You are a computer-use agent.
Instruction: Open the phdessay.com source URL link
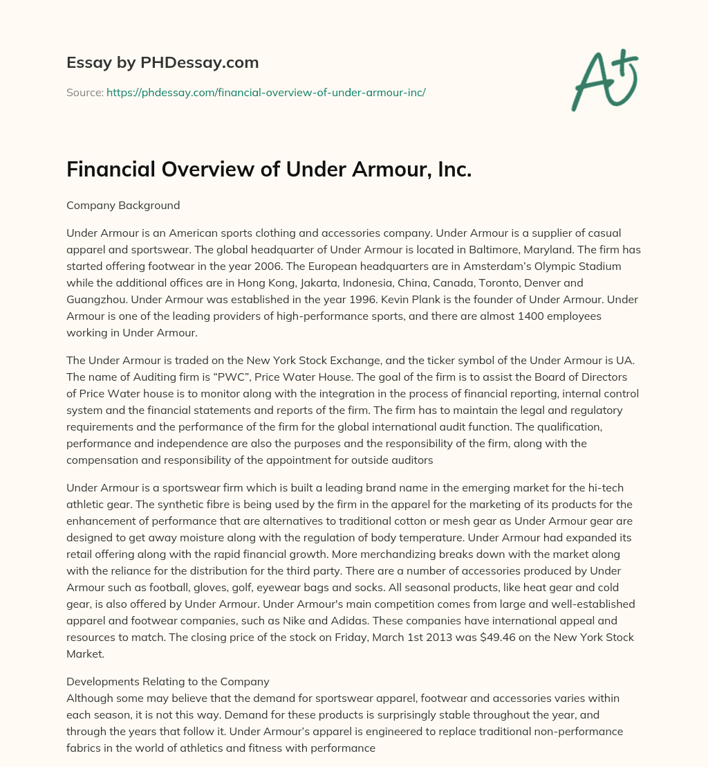265,91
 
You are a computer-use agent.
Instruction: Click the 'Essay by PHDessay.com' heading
162,63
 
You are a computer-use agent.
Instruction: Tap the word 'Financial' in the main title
108,170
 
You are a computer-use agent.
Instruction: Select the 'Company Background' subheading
123,205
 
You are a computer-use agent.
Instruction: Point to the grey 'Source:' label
84,91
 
